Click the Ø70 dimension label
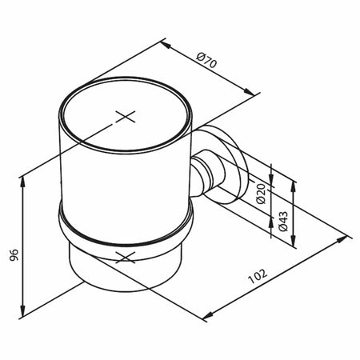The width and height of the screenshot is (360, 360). [x=206, y=60]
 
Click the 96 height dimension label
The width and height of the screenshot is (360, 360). [x=14, y=255]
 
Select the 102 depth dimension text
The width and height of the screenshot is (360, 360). [x=258, y=277]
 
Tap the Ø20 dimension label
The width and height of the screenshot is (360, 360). [x=261, y=194]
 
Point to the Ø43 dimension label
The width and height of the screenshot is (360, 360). [x=282, y=222]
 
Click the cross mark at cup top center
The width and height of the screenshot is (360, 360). [x=126, y=117]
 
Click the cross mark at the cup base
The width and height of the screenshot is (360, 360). [x=126, y=258]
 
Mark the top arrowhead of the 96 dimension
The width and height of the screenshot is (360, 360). [x=23, y=182]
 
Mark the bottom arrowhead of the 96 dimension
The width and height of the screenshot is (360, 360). [x=23, y=310]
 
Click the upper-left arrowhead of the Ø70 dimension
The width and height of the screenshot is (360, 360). [x=166, y=45]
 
